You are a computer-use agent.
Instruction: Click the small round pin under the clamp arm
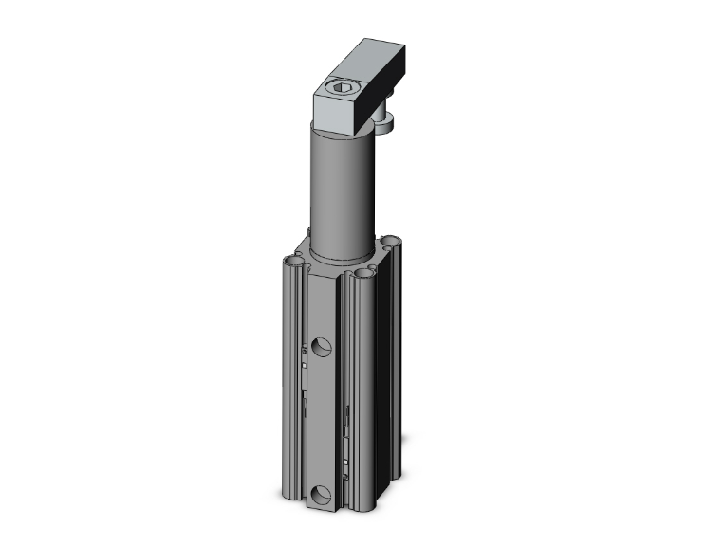(388, 119)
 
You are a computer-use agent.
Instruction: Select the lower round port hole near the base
(319, 493)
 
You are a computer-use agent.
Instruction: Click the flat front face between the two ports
(321, 417)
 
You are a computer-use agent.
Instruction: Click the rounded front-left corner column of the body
(290, 379)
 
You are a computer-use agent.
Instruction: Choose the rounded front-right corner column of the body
(361, 398)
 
